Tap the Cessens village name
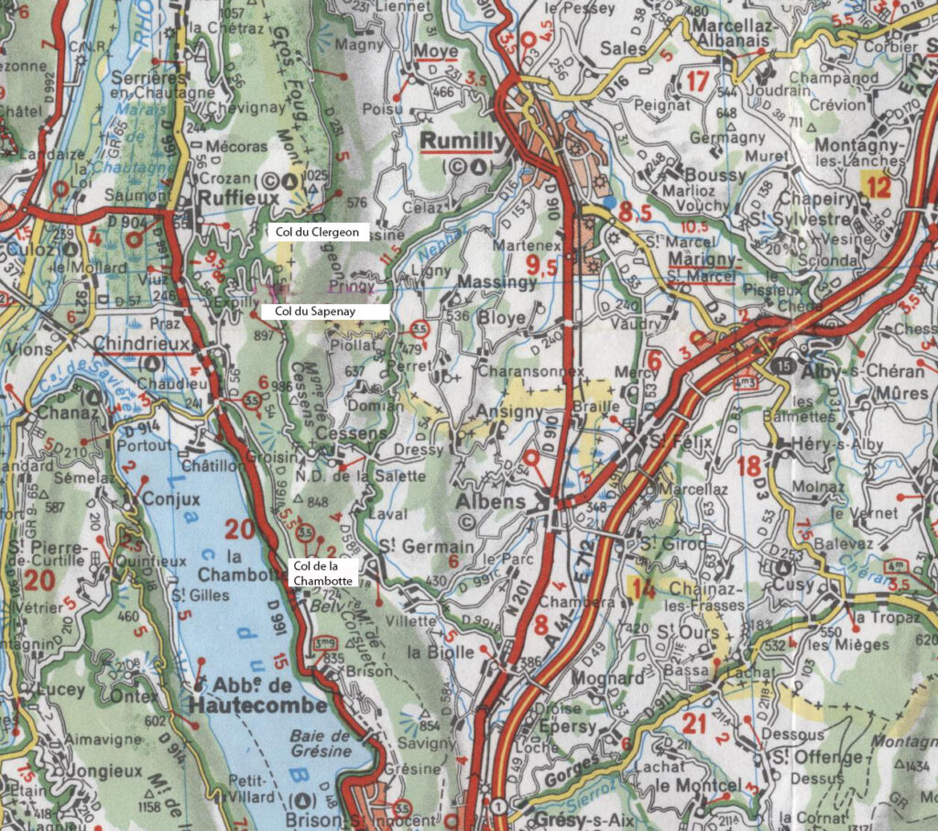340,432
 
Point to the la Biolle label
442,652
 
